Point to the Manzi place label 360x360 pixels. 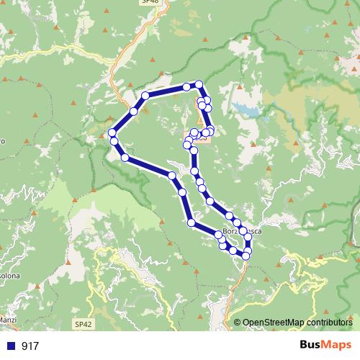point(8,318)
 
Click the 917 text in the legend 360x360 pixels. point(30,346)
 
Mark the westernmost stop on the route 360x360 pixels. point(112,132)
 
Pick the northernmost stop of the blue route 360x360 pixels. point(199,84)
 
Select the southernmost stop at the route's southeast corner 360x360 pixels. point(246,256)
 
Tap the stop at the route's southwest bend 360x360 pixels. point(191,223)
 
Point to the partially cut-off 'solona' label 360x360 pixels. point(9,275)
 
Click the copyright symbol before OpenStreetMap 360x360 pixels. point(237,323)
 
